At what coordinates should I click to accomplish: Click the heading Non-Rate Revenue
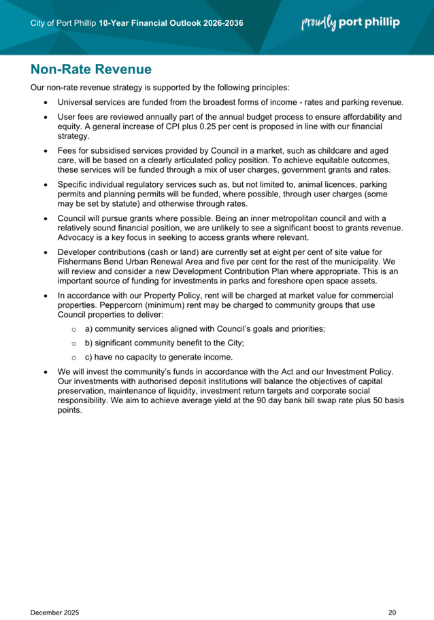tap(90, 69)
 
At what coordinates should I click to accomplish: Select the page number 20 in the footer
tap(392, 593)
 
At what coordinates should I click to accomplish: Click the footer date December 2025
tap(55, 593)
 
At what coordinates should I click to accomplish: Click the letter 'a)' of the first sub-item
tap(88, 329)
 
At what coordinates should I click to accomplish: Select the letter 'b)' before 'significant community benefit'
tap(88, 343)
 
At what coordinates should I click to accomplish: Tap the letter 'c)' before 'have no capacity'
tap(88, 358)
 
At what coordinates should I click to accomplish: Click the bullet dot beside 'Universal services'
tap(45, 103)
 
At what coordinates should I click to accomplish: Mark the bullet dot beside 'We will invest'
tap(45, 373)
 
